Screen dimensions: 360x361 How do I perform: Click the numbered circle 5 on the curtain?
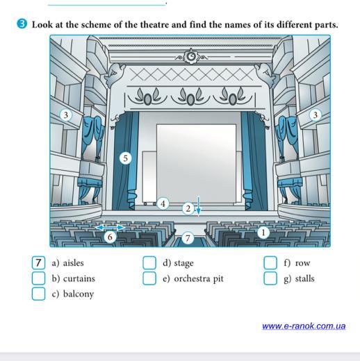(125, 158)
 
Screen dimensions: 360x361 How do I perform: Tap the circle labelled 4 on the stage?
(163, 203)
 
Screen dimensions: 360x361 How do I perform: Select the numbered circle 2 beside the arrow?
(188, 209)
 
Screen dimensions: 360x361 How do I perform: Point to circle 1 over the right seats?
(263, 233)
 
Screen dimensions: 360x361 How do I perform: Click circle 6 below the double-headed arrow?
(110, 237)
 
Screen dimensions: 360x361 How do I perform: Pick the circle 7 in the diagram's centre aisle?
(188, 238)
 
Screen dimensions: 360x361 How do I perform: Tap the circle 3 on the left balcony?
(66, 115)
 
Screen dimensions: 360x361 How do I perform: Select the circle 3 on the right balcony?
(315, 115)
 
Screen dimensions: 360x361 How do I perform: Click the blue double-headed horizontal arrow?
(110, 228)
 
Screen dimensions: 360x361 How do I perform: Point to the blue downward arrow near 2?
(199, 206)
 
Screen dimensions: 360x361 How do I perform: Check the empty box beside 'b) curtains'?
(38, 278)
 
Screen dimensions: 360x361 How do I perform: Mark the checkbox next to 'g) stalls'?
(270, 278)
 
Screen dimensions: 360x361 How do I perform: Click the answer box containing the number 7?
(38, 262)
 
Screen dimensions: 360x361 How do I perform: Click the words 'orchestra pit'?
(199, 279)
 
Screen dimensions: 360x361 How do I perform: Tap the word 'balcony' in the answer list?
(79, 294)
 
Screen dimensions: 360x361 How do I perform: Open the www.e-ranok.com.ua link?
(304, 326)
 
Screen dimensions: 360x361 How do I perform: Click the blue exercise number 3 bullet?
(22, 24)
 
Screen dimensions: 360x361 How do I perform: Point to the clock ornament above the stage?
(191, 56)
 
